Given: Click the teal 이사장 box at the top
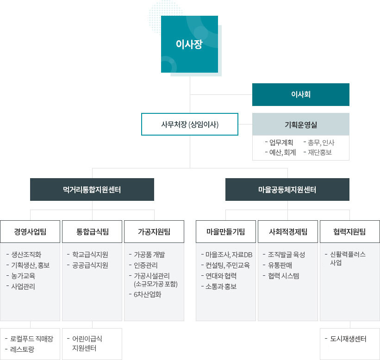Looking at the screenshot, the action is pyautogui.click(x=189, y=44).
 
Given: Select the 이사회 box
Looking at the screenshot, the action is pyautogui.click(x=301, y=94).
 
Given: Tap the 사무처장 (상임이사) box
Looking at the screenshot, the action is pyautogui.click(x=190, y=124).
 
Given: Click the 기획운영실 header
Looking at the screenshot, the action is pyautogui.click(x=301, y=124).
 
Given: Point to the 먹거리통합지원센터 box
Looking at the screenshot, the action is pyautogui.click(x=92, y=189).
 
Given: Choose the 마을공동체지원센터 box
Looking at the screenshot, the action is pyautogui.click(x=287, y=189).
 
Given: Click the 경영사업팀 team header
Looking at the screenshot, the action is pyautogui.click(x=30, y=232).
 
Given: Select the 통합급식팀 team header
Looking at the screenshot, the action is pyautogui.click(x=92, y=232).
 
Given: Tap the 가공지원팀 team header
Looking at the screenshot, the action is pyautogui.click(x=154, y=232).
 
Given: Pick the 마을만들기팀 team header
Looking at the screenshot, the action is pyautogui.click(x=226, y=232).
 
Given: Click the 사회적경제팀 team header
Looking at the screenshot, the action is pyautogui.click(x=288, y=232).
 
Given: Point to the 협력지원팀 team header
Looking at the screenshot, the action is pyautogui.click(x=350, y=232).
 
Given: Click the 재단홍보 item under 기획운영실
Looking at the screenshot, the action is pyautogui.click(x=320, y=152).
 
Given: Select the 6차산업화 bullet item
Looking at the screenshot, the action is pyautogui.click(x=147, y=294).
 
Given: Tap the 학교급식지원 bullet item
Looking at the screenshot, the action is pyautogui.click(x=90, y=254).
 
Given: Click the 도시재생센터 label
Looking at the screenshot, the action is pyautogui.click(x=348, y=339).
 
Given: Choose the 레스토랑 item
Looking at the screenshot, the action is pyautogui.click(x=22, y=349).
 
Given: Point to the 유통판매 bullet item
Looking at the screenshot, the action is pyautogui.click(x=280, y=265).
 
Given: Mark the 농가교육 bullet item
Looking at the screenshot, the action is pyautogui.click(x=23, y=276).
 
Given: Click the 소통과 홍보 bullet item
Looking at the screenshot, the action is pyautogui.click(x=221, y=286).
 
